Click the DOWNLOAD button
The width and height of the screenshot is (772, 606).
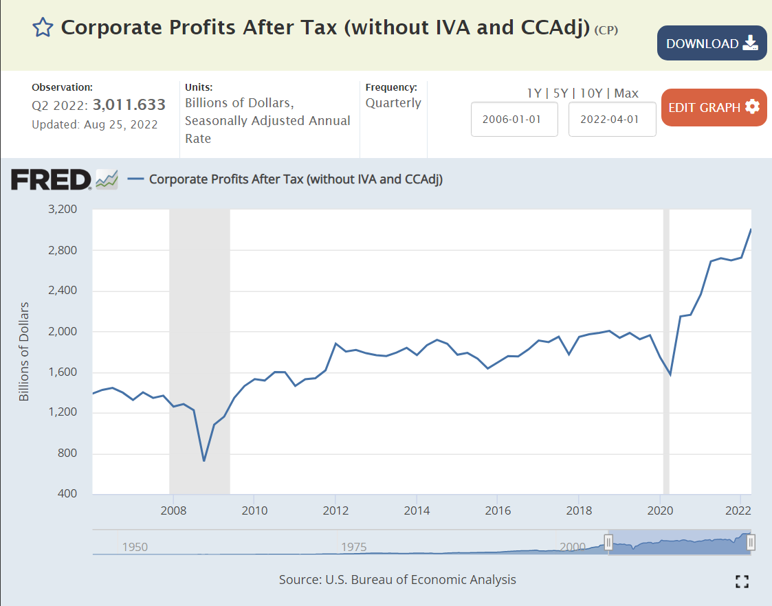[x=712, y=43]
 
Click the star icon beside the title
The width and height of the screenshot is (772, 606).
[x=43, y=27]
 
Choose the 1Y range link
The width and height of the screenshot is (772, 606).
[x=533, y=93]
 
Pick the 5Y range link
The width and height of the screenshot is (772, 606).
[x=560, y=93]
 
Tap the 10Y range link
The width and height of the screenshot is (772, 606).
[x=591, y=93]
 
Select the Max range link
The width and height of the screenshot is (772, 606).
[x=626, y=93]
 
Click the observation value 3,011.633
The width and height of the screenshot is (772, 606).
[x=129, y=104]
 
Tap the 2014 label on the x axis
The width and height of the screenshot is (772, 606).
[x=417, y=510]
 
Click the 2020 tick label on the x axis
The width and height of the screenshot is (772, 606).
[x=660, y=510]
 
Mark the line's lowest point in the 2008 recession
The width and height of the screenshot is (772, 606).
[x=203, y=460]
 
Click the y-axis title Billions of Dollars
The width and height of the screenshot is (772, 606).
[x=24, y=351]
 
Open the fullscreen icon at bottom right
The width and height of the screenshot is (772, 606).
[x=742, y=581]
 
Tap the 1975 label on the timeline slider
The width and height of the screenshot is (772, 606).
[x=354, y=547]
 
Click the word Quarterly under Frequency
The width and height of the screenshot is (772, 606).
[x=393, y=103]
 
